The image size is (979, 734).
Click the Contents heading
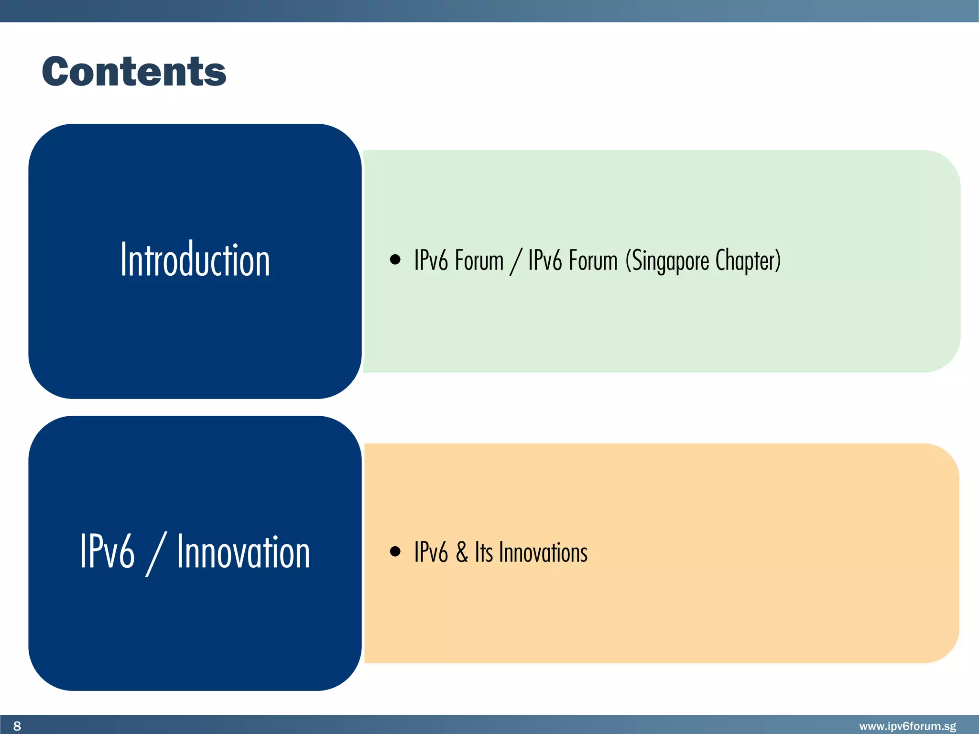134,72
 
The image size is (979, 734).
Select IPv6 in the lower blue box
107,552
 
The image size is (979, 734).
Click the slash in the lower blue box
156,554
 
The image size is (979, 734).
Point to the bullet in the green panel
395,259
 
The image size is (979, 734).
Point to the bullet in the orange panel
395,551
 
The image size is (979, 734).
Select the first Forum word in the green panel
479,260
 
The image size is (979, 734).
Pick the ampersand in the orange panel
461,552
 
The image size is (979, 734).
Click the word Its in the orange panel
483,552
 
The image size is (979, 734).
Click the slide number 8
17,726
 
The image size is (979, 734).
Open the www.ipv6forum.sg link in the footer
907,726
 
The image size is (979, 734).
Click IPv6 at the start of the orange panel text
431,552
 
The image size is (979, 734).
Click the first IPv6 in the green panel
431,260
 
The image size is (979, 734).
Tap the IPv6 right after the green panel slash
545,260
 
